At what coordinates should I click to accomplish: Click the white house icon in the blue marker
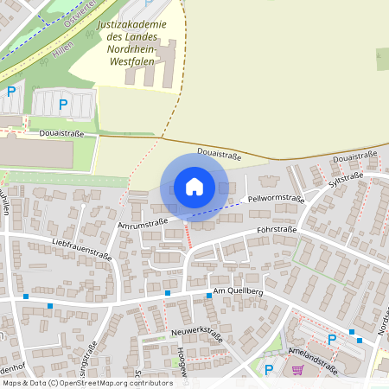[x=194, y=186]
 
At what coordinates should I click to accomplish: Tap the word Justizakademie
[x=131, y=25]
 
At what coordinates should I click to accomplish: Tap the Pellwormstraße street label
[x=276, y=199]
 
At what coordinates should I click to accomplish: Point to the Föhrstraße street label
[x=277, y=230]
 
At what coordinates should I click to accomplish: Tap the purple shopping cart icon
[x=297, y=370]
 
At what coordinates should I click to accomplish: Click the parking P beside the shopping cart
[x=269, y=370]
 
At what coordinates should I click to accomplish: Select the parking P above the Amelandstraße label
[x=332, y=339]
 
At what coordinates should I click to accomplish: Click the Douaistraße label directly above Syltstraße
[x=354, y=158]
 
